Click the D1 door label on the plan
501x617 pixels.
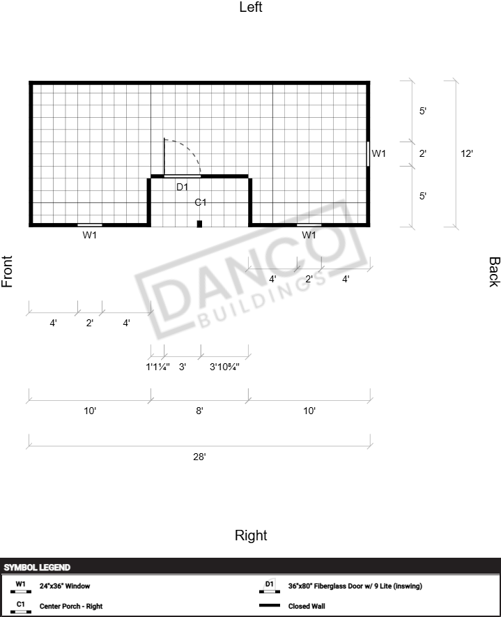182,188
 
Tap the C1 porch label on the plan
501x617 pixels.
201,202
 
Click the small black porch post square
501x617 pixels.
199,224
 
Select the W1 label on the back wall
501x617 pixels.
378,153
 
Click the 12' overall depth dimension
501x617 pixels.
467,153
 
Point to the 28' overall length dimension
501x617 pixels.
199,457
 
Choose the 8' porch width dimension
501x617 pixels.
199,411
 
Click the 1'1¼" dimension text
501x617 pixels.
157,367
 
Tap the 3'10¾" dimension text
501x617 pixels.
224,367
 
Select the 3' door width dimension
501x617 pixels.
183,367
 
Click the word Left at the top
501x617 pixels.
251,7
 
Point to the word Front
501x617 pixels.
7,271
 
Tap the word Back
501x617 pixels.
494,272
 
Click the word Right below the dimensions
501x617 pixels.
251,535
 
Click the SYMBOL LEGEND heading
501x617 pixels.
37,568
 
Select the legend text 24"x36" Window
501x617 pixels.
65,586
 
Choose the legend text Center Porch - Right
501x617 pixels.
71,606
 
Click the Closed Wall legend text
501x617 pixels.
307,606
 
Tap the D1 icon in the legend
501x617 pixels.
270,586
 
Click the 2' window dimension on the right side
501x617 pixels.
423,153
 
